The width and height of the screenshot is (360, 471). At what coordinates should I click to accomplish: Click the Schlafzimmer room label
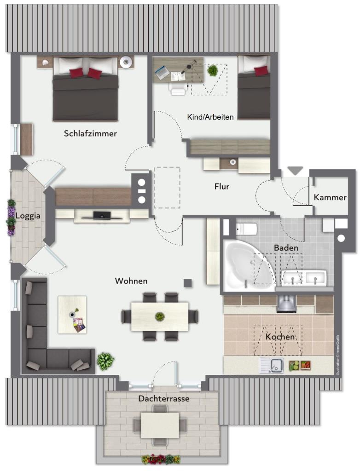click(x=90, y=133)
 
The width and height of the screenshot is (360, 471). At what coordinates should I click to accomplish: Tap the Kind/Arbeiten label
click(x=210, y=117)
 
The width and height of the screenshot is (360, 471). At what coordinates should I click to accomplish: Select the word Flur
click(x=221, y=187)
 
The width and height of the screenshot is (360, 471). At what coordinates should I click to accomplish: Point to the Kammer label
click(x=330, y=197)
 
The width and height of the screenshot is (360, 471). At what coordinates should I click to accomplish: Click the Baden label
click(x=286, y=248)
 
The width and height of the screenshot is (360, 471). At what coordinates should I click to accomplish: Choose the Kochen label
click(x=280, y=337)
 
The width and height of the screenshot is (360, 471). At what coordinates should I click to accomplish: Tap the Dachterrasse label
click(x=164, y=399)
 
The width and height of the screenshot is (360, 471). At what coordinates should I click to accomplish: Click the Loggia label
click(x=28, y=216)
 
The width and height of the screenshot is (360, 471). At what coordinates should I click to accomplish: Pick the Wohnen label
click(x=131, y=281)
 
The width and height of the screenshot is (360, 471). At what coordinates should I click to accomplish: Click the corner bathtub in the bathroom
click(x=248, y=265)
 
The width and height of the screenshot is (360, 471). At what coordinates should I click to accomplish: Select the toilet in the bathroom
click(x=246, y=230)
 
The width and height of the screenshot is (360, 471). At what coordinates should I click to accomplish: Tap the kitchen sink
click(x=272, y=365)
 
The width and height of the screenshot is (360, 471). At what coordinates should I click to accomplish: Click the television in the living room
click(x=101, y=215)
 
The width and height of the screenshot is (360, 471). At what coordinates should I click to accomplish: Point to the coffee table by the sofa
click(x=72, y=315)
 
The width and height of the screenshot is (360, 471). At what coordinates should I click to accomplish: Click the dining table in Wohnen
click(x=160, y=316)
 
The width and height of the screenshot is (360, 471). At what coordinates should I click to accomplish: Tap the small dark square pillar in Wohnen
click(x=188, y=283)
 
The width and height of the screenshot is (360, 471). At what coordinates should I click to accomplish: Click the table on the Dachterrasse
click(x=160, y=425)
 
